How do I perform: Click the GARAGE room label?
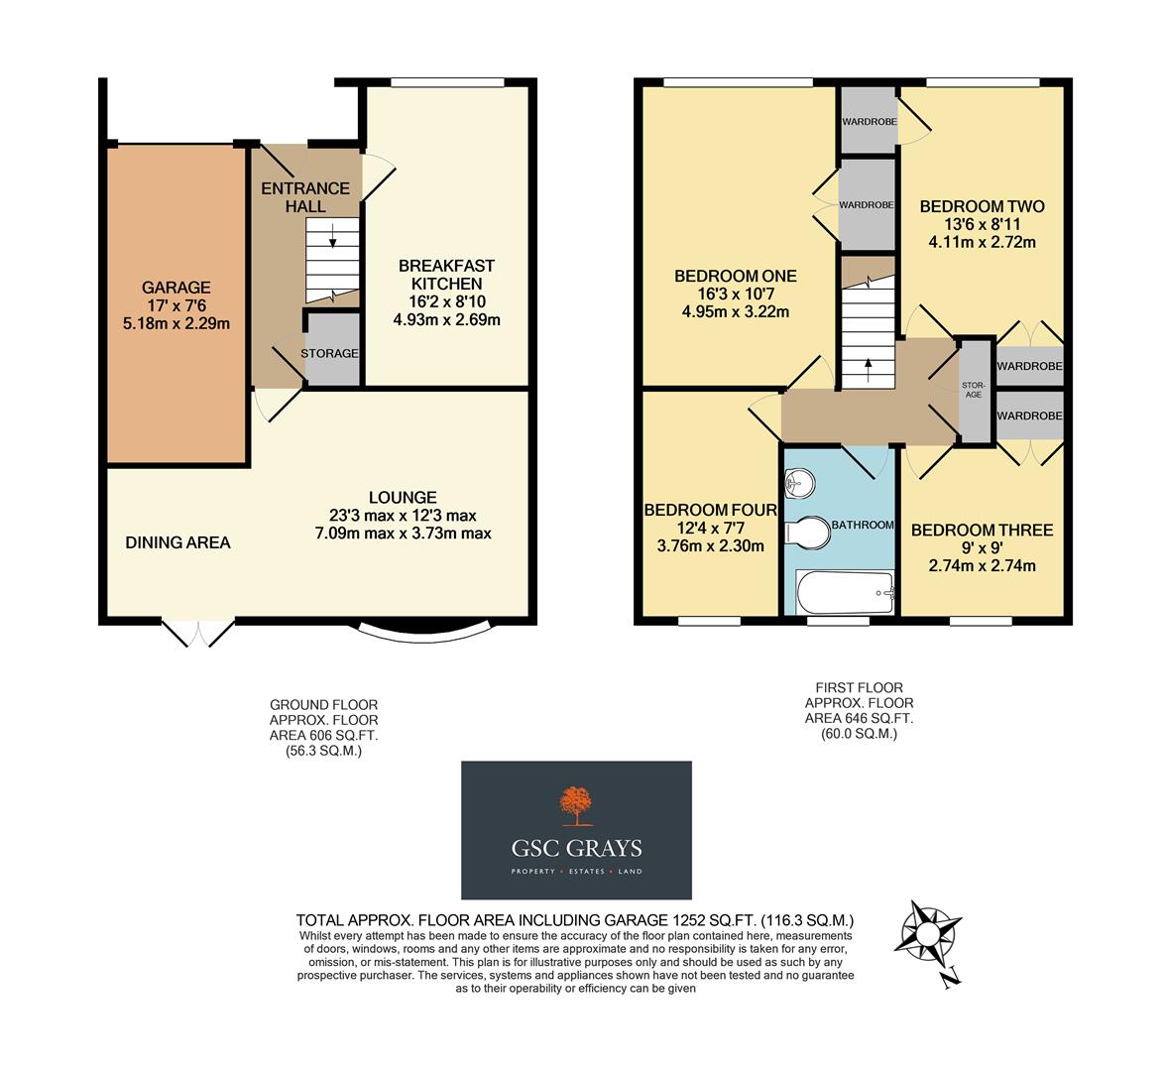point(175,288)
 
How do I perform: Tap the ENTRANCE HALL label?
point(305,197)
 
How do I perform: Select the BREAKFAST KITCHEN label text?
point(446,275)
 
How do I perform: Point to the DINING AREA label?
point(177,542)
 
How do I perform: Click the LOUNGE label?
point(403,497)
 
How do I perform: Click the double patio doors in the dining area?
point(198,633)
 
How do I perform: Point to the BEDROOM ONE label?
point(735,276)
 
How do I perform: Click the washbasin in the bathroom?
point(800,484)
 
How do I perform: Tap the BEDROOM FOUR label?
point(710,510)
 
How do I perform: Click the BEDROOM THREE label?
point(982,531)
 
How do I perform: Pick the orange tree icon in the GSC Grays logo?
point(575,805)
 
